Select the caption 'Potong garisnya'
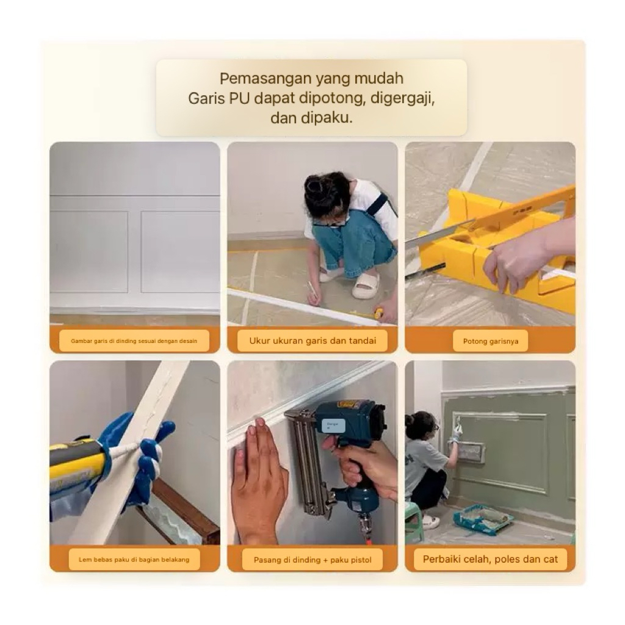coord(490,341)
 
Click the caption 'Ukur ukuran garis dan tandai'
coord(312,341)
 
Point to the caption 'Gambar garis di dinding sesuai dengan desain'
coord(134,341)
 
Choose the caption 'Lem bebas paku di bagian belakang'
coord(134,560)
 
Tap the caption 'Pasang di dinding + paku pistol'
coord(312,560)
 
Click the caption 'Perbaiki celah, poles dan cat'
coord(490,559)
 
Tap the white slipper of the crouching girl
coord(365,286)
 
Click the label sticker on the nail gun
coord(333,425)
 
